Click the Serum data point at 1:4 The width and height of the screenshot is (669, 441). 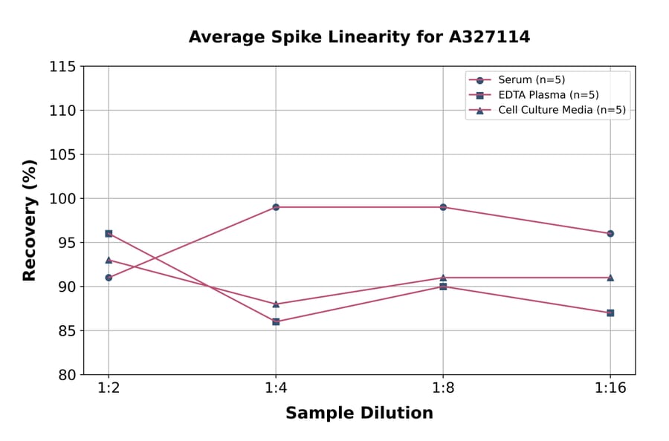click(276, 207)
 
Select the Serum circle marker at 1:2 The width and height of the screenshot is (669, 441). click(109, 278)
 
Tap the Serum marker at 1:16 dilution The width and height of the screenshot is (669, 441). click(610, 233)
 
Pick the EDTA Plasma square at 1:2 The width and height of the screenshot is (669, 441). click(109, 233)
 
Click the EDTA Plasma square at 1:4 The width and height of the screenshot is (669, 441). click(276, 321)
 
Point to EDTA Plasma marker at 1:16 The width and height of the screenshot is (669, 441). click(610, 313)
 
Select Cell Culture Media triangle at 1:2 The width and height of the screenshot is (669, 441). click(109, 260)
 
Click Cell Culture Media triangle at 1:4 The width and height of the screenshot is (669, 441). click(276, 304)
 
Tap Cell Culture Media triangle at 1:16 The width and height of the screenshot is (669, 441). click(610, 277)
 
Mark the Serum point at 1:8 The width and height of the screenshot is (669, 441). click(443, 207)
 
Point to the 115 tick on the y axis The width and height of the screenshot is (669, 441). click(62, 67)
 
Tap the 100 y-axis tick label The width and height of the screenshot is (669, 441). click(62, 198)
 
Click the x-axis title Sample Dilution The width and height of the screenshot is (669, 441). click(359, 414)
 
